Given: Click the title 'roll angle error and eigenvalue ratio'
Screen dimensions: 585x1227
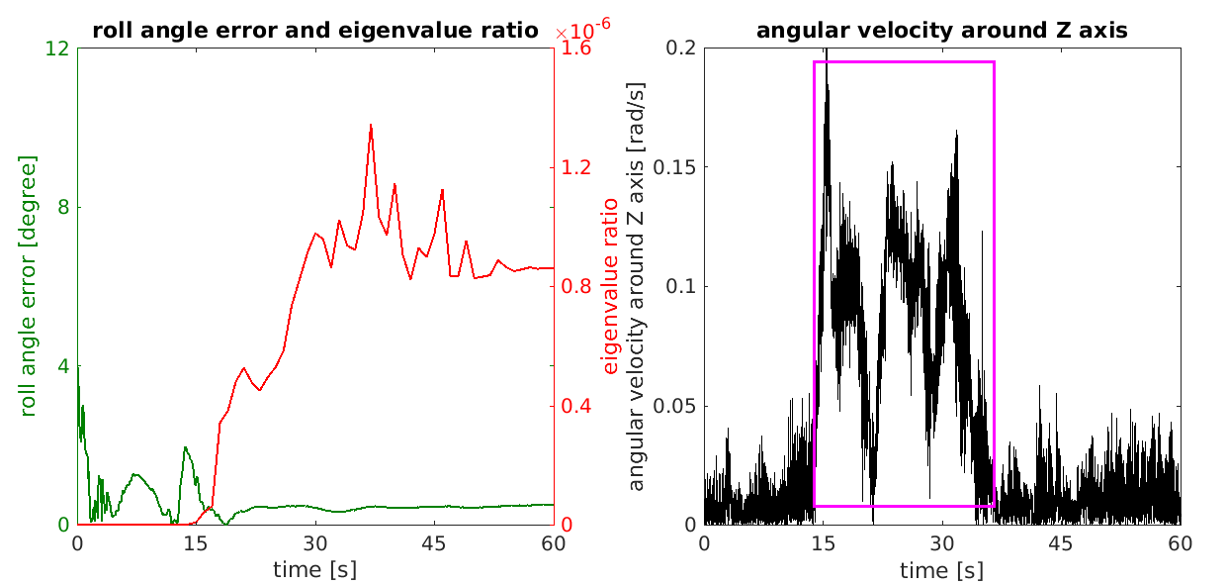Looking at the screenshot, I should click(315, 31).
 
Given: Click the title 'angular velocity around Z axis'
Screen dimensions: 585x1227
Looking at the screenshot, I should click(941, 31).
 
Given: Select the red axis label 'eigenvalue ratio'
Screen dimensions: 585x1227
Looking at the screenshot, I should click(610, 285).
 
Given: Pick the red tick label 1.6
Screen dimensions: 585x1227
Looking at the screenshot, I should click(576, 49).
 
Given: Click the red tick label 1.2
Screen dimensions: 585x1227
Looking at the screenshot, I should click(576, 167).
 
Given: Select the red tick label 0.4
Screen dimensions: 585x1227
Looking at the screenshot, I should click(576, 406).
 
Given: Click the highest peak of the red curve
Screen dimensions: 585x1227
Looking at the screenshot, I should click(371, 125).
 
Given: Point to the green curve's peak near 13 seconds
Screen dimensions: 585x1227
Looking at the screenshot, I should click(185, 447).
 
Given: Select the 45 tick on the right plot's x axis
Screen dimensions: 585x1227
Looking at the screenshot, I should click(1061, 543).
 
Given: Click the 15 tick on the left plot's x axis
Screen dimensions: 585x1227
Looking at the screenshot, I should click(196, 543).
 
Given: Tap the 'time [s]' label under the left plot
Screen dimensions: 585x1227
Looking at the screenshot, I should click(314, 570).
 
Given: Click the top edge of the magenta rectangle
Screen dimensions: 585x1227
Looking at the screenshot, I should click(904, 61).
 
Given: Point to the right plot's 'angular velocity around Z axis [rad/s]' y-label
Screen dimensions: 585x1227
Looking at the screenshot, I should click(637, 285).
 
